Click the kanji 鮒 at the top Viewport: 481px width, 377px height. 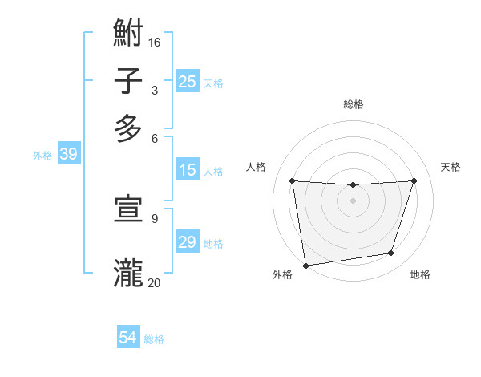tap(128, 34)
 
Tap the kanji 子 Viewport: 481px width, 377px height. tap(128, 81)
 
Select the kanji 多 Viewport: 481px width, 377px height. tap(128, 128)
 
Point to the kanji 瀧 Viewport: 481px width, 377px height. tap(128, 273)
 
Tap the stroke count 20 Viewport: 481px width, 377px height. tap(155, 282)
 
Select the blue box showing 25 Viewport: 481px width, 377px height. tap(187, 81)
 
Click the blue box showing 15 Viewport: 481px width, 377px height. tap(187, 170)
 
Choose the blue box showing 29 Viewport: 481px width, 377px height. tap(187, 242)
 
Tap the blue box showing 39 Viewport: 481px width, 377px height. tap(68, 155)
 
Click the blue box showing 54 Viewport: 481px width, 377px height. tap(128, 338)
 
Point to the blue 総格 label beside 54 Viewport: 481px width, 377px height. tap(154, 339)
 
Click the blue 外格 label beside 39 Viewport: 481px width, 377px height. tap(42, 156)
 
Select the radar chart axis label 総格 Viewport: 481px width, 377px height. tap(353, 104)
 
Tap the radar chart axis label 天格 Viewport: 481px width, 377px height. tap(451, 167)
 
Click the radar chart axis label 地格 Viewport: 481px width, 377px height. tap(420, 274)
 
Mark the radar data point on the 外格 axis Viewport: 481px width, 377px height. tap(305, 265)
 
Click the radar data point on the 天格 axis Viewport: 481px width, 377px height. tap(414, 180)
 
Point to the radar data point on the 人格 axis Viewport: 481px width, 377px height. tap(292, 180)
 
